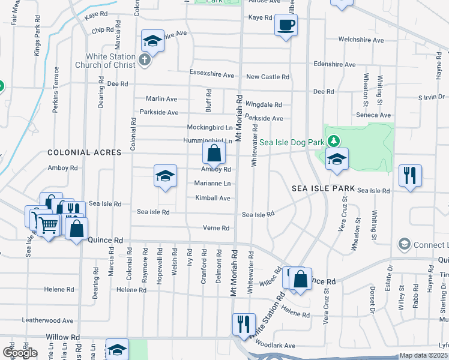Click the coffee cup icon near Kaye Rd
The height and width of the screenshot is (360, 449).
point(286,26)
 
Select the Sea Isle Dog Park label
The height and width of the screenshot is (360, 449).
point(291,142)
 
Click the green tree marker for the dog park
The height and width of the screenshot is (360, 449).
point(335,142)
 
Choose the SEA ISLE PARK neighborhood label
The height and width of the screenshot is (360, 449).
point(323,188)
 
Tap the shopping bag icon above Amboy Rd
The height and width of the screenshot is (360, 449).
point(214,154)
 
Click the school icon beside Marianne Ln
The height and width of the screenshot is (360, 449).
point(165,176)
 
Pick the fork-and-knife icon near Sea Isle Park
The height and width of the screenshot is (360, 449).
point(410,175)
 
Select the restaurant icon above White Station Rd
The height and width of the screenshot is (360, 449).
point(244,324)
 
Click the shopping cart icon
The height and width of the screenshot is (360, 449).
point(48,226)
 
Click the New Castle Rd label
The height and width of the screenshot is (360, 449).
point(268,77)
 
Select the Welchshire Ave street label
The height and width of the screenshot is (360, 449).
point(360,40)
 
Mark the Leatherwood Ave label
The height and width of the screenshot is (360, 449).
point(47,321)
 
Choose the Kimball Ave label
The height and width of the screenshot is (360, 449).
point(212,198)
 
